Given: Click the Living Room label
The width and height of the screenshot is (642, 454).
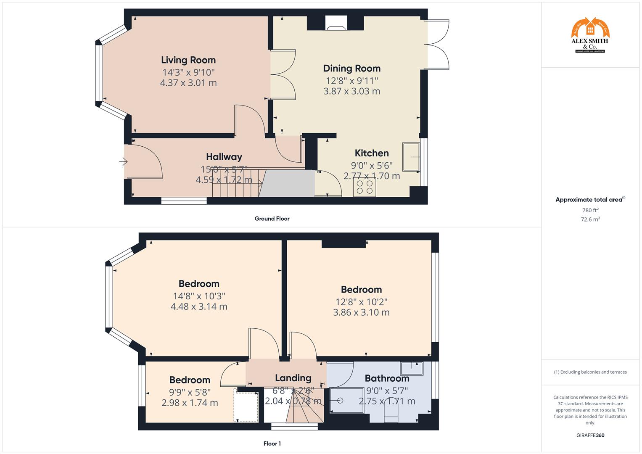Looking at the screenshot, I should click(x=188, y=60).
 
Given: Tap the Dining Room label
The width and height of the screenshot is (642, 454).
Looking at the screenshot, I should click(x=351, y=69).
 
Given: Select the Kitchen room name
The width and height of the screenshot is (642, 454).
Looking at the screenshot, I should click(x=372, y=153).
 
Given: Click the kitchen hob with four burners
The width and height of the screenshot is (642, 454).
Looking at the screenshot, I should click(x=365, y=187).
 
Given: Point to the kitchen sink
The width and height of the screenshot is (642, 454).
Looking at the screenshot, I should click(x=411, y=157).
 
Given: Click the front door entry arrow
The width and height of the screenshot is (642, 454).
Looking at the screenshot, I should click(x=123, y=161).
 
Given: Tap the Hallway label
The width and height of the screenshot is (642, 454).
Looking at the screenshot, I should click(x=224, y=157).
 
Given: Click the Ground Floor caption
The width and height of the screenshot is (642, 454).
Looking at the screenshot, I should click(x=272, y=219).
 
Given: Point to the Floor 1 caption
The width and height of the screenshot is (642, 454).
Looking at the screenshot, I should click(x=272, y=443).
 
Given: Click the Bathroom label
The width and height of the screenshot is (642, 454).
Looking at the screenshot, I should click(x=387, y=378).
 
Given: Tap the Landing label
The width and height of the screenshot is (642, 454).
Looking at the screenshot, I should click(x=293, y=378).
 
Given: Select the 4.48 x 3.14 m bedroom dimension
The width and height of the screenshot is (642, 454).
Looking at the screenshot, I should click(x=199, y=307).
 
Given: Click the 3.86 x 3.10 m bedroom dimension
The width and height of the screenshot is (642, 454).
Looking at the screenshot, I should click(x=361, y=313).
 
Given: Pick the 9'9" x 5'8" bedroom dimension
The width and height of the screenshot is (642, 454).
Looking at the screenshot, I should click(x=190, y=392).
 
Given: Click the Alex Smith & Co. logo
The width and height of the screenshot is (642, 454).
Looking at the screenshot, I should click(x=590, y=36).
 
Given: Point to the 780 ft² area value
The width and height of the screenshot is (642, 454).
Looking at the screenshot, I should click(x=590, y=210).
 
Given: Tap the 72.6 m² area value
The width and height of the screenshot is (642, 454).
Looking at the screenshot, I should click(x=590, y=219).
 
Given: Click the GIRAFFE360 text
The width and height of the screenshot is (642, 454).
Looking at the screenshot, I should click(x=590, y=436).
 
